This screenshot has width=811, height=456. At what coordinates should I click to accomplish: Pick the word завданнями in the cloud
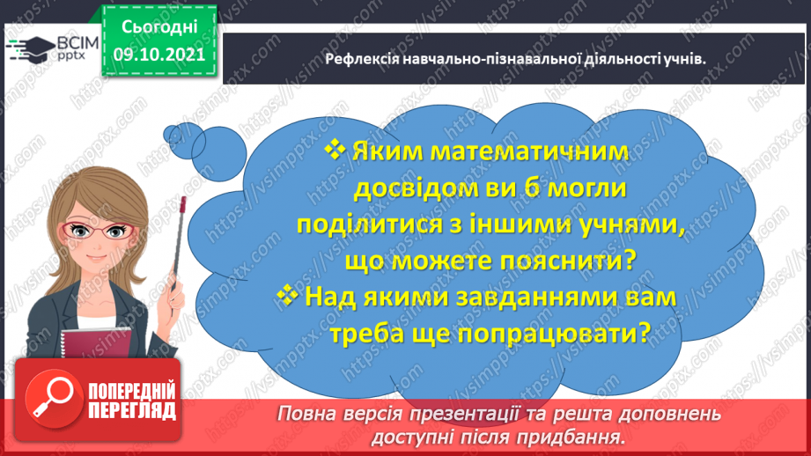point(503,298)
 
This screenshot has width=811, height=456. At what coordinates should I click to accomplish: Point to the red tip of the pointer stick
point(182,203)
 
